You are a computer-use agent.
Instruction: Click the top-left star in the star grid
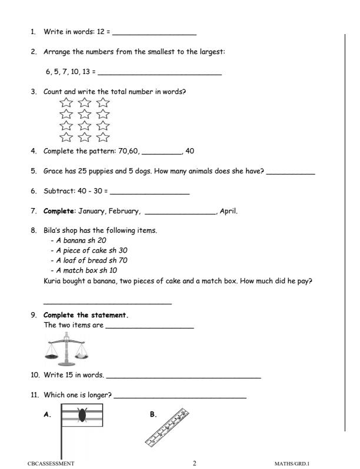click(x=66, y=103)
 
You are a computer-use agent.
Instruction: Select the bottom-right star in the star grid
click(x=103, y=138)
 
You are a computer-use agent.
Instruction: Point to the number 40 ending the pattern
click(x=189, y=151)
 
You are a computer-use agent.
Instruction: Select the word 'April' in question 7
click(x=228, y=212)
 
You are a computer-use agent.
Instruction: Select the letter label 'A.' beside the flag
click(x=48, y=414)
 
